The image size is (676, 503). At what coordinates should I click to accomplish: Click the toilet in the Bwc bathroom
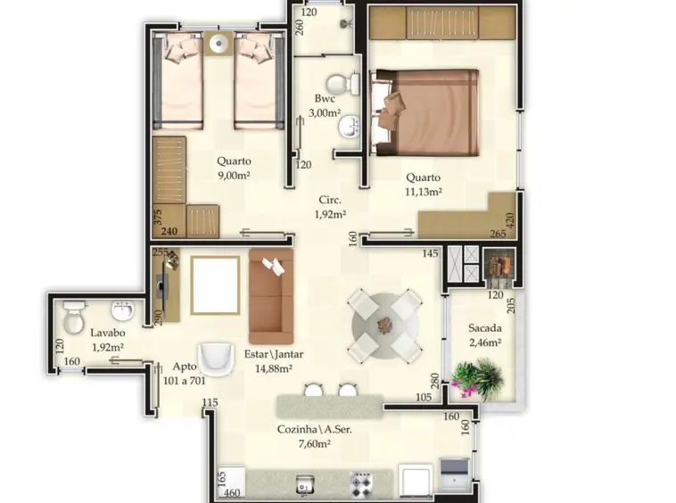342,84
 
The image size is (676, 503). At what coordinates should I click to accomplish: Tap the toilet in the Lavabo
74,317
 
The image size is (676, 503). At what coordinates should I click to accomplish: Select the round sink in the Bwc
349,127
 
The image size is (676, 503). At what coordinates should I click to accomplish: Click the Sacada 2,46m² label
485,335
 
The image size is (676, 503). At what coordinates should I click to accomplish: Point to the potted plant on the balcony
478,378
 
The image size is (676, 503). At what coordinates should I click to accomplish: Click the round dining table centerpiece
384,324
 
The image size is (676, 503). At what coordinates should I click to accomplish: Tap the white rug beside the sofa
215,285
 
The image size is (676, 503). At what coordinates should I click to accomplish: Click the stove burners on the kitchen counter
361,485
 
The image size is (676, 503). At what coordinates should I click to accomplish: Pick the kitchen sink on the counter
305,485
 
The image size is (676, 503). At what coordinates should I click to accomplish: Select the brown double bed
425,112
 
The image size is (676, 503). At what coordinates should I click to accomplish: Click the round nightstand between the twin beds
218,43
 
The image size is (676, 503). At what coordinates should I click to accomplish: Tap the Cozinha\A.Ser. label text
314,429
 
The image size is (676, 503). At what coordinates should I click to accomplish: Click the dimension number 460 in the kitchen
232,493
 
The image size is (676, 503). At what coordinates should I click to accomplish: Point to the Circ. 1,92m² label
330,207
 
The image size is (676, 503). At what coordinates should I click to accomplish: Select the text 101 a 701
185,381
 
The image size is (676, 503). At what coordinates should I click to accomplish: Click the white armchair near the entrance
216,359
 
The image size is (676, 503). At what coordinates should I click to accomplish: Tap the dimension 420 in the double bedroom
510,221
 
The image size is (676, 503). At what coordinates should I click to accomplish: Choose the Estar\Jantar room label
274,354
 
